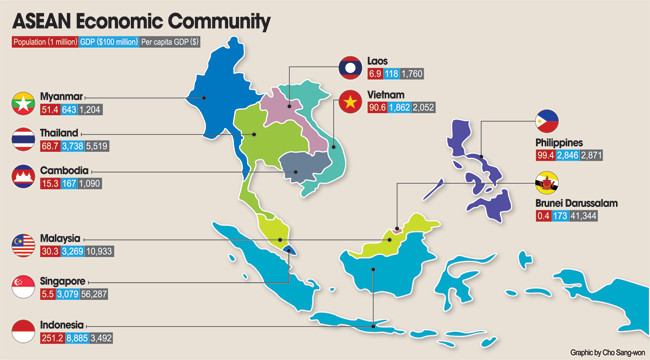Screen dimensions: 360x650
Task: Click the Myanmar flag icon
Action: [24, 101]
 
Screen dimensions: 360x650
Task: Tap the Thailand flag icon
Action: [24, 139]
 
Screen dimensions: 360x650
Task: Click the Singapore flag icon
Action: [24, 287]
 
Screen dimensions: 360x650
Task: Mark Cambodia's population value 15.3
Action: [49, 184]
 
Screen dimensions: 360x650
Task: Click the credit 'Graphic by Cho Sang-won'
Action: [606, 352]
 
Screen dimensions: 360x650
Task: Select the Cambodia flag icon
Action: [24, 177]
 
